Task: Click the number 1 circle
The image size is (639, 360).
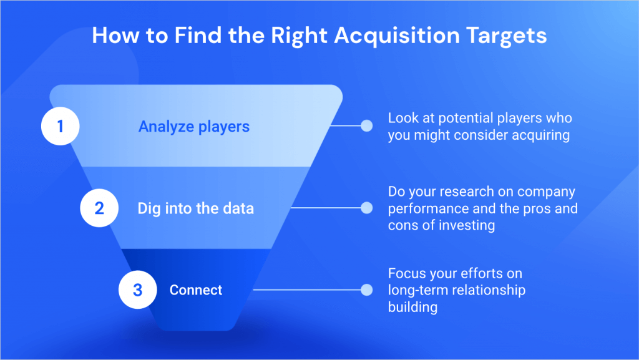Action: pyautogui.click(x=60, y=127)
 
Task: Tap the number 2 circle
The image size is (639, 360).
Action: pyautogui.click(x=99, y=208)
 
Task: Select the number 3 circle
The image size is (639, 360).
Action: pyautogui.click(x=137, y=289)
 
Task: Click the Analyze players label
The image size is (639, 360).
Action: pyautogui.click(x=193, y=127)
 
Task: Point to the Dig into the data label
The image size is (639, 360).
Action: pyautogui.click(x=195, y=208)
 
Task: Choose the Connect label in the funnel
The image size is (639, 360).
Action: pyautogui.click(x=196, y=290)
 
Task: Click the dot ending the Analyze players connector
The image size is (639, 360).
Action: pyautogui.click(x=366, y=126)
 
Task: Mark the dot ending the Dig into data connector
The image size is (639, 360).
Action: pyautogui.click(x=366, y=208)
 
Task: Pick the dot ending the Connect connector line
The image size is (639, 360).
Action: pyautogui.click(x=366, y=289)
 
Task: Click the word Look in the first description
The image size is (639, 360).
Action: pyautogui.click(x=402, y=118)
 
